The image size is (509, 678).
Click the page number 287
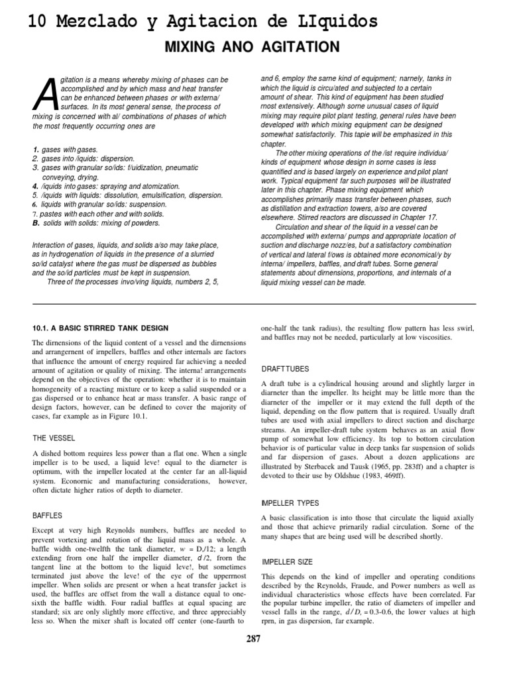[254, 639]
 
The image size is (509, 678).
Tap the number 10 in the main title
[38, 22]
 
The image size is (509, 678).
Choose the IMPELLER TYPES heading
[291, 501]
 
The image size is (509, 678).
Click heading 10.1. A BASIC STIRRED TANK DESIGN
[100, 328]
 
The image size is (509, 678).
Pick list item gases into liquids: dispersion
[83, 160]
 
